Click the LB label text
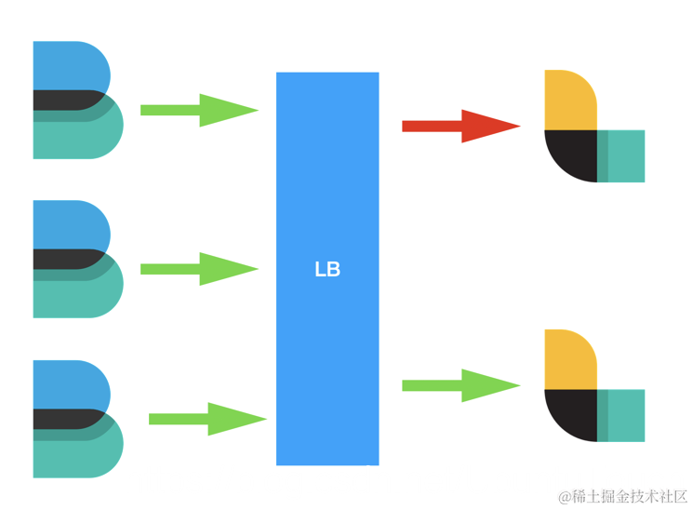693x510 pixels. click(x=327, y=270)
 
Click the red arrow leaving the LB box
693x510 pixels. click(x=460, y=126)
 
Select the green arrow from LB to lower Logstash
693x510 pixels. click(x=460, y=385)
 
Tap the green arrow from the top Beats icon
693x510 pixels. click(x=198, y=110)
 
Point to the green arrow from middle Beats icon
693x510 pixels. click(x=198, y=269)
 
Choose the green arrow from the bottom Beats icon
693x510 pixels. click(x=207, y=419)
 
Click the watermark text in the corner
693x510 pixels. click(x=622, y=496)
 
